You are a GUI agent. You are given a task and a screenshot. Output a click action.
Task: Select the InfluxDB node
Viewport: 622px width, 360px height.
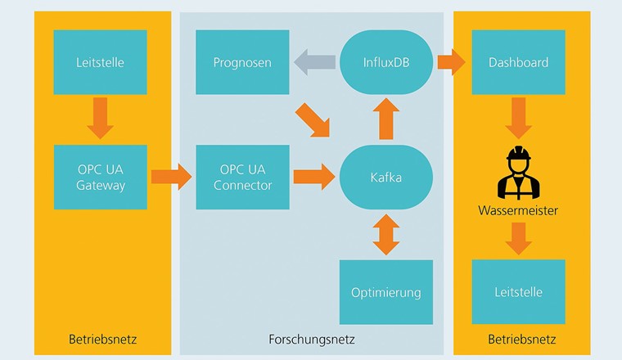click(x=386, y=62)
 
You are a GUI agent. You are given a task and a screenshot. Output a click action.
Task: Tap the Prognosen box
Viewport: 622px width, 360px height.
click(x=242, y=62)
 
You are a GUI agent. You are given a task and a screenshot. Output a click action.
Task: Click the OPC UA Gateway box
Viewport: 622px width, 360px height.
click(x=100, y=177)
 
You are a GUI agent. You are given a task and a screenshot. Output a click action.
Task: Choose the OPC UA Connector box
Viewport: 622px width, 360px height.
click(x=242, y=177)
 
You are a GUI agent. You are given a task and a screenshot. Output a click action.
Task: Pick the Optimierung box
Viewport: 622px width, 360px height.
click(x=386, y=292)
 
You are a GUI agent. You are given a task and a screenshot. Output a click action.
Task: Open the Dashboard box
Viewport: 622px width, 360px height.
click(x=518, y=62)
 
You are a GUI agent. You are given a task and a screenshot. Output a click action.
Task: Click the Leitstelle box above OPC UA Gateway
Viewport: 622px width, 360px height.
click(x=100, y=62)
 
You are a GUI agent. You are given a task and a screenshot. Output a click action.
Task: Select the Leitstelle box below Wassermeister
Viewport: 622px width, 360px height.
click(x=518, y=292)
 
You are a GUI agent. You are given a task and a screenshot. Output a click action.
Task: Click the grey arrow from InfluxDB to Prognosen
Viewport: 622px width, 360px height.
click(x=314, y=62)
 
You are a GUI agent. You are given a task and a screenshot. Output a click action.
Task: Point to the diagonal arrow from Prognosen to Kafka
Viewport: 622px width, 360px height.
click(x=314, y=119)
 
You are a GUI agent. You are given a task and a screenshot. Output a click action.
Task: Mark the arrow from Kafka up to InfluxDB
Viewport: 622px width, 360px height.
click(x=386, y=119)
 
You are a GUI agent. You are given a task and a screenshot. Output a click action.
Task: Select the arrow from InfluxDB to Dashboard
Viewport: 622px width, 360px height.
click(x=450, y=62)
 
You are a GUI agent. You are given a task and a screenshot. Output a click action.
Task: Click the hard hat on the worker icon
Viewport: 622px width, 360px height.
click(x=517, y=153)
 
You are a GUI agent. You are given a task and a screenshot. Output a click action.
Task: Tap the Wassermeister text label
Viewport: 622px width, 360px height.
click(x=518, y=211)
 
